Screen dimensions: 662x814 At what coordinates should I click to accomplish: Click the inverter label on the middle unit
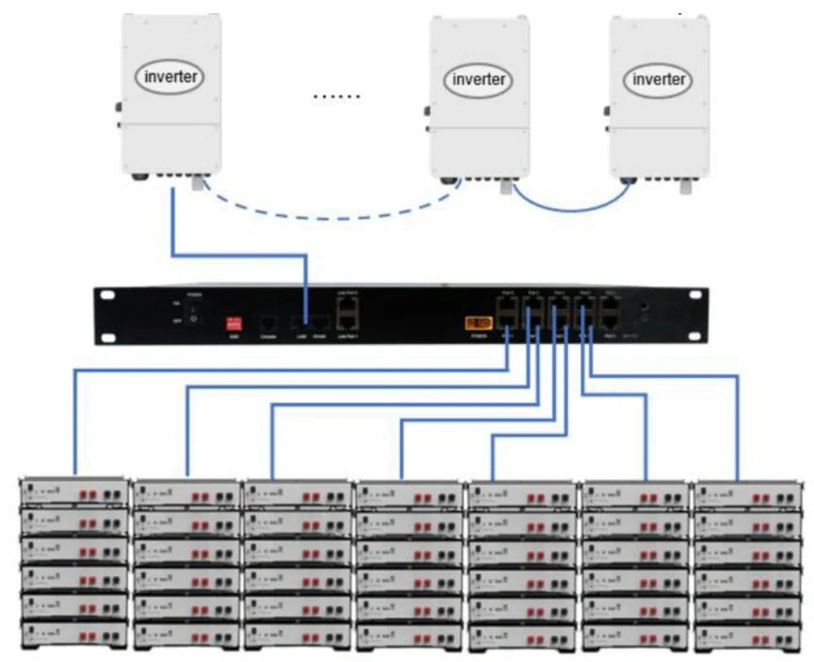coord(480,78)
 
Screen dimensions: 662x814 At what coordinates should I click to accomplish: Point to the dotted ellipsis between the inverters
coord(336,96)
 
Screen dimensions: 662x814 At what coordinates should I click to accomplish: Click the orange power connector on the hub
coord(478,323)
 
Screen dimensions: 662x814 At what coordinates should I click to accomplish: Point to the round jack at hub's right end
coord(643,308)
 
